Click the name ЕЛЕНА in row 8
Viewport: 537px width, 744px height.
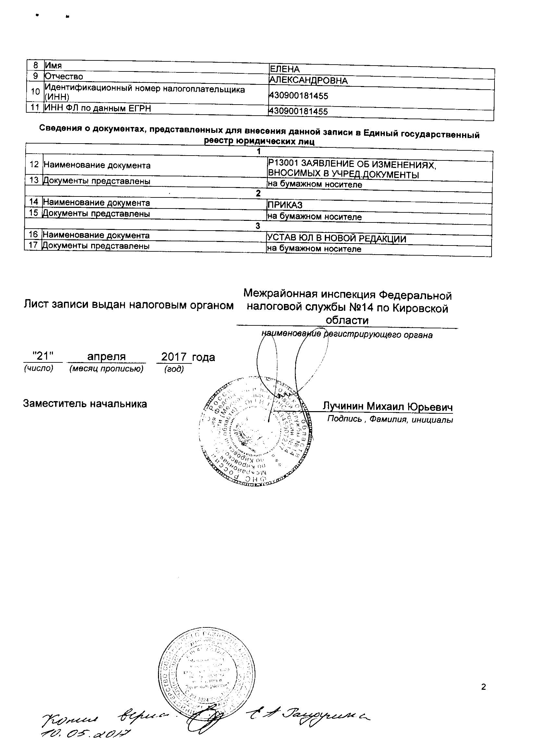pyautogui.click(x=284, y=69)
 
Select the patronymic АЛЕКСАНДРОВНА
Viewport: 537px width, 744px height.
pyautogui.click(x=308, y=81)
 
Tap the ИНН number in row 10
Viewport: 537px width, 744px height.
pyautogui.click(x=298, y=96)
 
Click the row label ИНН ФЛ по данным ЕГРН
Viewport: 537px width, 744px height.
pyautogui.click(x=97, y=108)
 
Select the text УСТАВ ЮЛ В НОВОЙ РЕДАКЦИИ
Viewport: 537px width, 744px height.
pyautogui.click(x=336, y=238)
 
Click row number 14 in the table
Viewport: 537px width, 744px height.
pyautogui.click(x=34, y=202)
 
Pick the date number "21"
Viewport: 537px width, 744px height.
pyautogui.click(x=43, y=356)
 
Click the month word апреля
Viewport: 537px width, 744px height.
pyautogui.click(x=106, y=357)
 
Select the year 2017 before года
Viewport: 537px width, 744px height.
pyautogui.click(x=174, y=357)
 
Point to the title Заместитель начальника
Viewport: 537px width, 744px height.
pyautogui.click(x=85, y=404)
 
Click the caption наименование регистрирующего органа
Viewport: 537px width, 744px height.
pyautogui.click(x=347, y=335)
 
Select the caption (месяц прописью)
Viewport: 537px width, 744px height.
pyautogui.click(x=106, y=369)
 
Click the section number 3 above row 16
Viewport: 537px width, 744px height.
pyautogui.click(x=258, y=226)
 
